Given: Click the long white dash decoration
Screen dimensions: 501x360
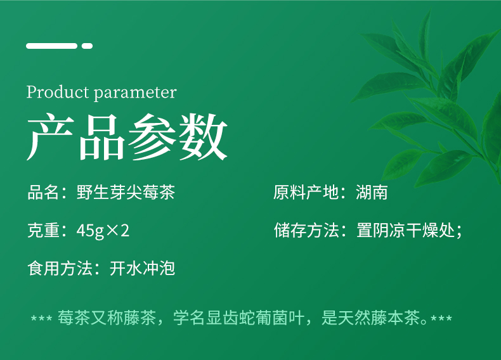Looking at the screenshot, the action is [52, 46].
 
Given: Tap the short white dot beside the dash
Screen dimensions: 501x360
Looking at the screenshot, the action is [87, 46].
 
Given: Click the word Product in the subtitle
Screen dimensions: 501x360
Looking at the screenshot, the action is [58, 92].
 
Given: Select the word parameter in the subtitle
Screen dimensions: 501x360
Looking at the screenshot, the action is [135, 93].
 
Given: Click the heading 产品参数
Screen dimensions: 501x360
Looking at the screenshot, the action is [127, 137].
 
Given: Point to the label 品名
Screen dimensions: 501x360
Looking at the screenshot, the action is [43, 192].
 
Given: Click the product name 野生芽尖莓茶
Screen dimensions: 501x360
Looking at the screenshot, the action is [126, 192].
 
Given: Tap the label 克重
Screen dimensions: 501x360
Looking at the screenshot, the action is [43, 230].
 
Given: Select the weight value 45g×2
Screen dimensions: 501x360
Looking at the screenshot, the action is [103, 231].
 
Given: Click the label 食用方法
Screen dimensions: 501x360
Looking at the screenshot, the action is [60, 268].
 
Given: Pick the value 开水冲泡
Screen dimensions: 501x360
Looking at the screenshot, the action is [142, 268].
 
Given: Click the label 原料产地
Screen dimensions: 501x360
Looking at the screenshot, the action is [306, 192].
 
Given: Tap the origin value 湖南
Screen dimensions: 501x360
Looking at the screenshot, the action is [372, 192].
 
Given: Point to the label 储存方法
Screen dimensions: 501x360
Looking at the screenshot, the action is [306, 230].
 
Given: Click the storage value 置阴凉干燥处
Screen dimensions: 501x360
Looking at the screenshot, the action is [405, 230].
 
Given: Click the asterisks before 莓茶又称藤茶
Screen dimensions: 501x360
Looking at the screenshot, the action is [41, 318].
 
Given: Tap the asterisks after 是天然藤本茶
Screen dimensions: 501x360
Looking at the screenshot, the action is [441, 318].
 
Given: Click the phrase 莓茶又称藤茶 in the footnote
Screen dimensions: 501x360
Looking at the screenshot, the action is [107, 318].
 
